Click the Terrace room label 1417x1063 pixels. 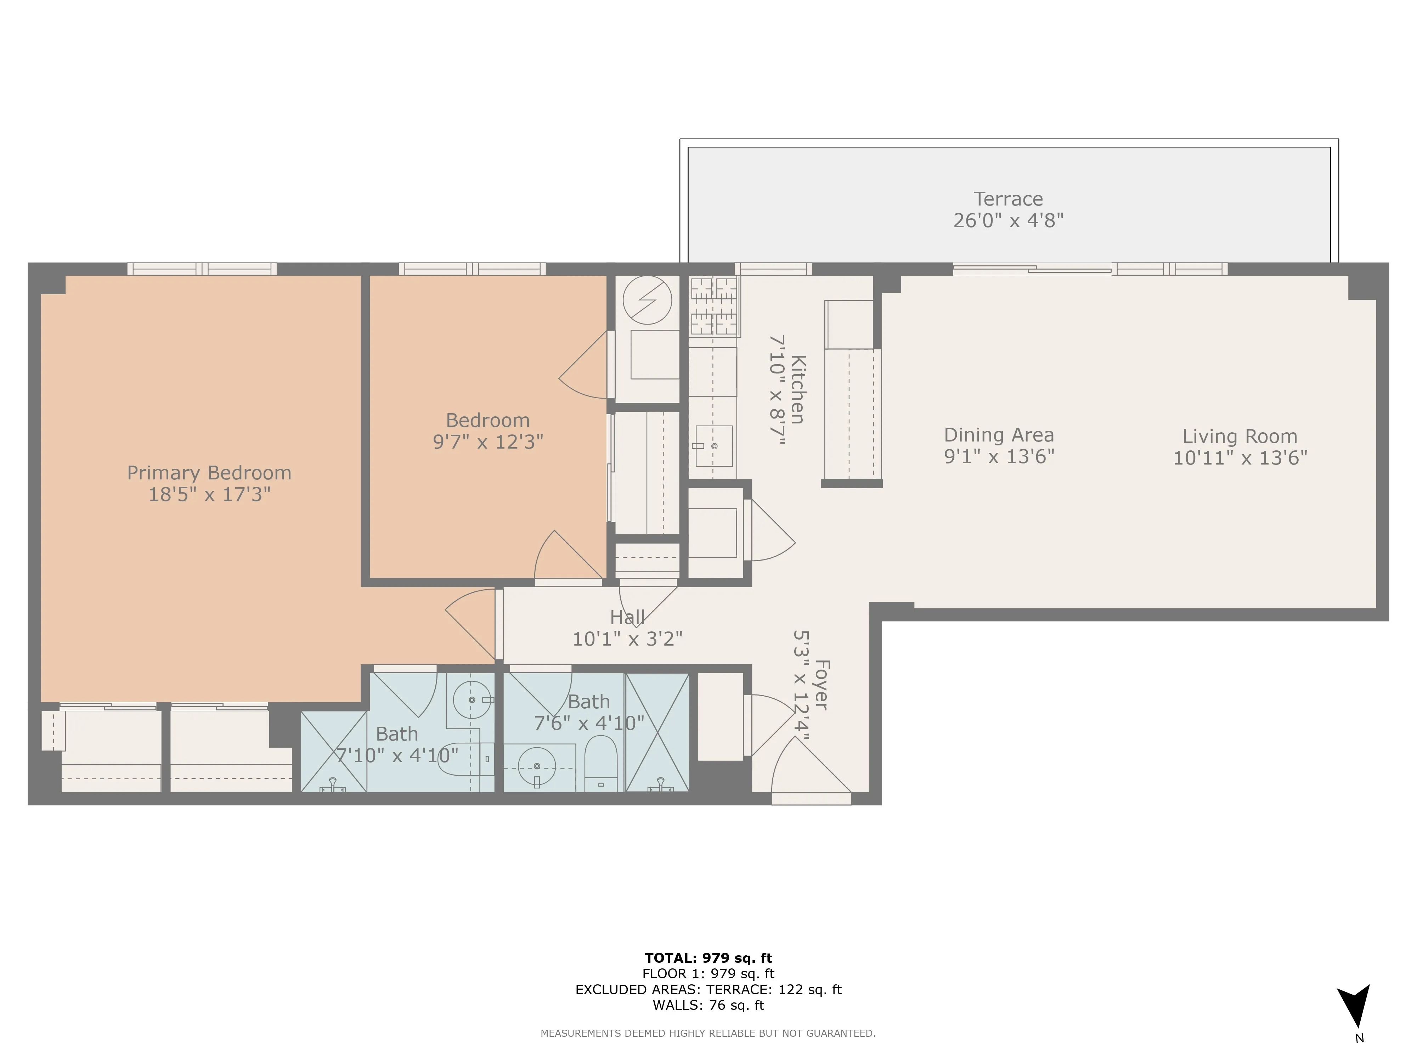pos(1007,199)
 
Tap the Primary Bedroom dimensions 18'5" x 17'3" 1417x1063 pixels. pos(209,494)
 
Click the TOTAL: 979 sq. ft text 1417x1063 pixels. pos(708,958)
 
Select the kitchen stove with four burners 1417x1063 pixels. pos(713,306)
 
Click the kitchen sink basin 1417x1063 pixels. pos(713,445)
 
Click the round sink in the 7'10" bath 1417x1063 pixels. pos(472,700)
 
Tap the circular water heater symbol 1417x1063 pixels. pos(647,300)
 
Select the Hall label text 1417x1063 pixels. pos(627,618)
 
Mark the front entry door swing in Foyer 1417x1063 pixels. pos(811,769)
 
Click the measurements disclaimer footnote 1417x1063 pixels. pos(708,1033)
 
